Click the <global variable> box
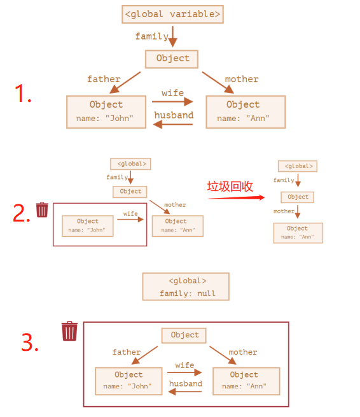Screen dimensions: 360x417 tap(172, 15)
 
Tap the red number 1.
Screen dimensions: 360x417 tap(23, 93)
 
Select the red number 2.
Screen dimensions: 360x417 tap(21, 213)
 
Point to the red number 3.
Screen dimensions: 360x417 tap(29, 342)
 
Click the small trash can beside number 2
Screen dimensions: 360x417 tap(42, 210)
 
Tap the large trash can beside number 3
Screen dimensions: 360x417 tap(69, 331)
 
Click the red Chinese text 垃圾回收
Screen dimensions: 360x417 tap(230, 186)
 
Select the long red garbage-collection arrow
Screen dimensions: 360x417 tap(237, 197)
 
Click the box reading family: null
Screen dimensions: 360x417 tap(186, 286)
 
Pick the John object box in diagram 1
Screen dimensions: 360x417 tap(106, 112)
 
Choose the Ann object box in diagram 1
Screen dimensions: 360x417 tap(246, 112)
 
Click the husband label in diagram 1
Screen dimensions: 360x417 tap(174, 115)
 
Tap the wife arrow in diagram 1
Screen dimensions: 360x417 tap(172, 101)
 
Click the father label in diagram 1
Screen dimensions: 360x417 tap(104, 79)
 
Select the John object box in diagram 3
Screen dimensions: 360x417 tap(128, 381)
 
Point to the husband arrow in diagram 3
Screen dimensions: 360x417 tap(185, 392)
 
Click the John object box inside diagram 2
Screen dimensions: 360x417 tap(87, 226)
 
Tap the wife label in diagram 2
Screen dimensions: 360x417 tap(130, 214)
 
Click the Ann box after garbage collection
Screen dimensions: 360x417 tap(298, 233)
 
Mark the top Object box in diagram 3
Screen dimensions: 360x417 tap(184, 336)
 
